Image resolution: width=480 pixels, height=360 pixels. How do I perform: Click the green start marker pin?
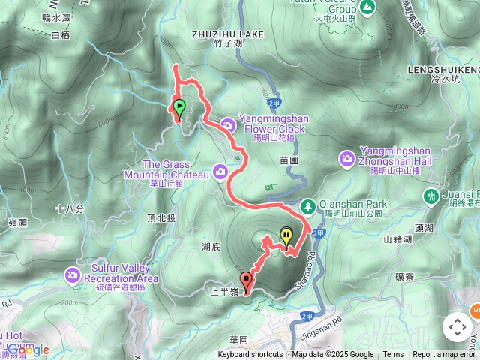point(179,108)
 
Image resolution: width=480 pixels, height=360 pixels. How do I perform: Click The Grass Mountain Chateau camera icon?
point(220,172)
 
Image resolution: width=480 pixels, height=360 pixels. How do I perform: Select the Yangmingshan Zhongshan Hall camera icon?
point(347,157)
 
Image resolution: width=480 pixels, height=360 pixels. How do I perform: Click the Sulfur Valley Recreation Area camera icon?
point(72,274)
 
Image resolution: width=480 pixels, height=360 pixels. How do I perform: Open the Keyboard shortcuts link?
point(250,355)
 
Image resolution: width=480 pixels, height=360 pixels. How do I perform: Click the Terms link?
point(393,355)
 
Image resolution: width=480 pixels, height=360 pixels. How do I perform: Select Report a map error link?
point(445,355)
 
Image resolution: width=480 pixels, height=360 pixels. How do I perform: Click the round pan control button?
point(457,327)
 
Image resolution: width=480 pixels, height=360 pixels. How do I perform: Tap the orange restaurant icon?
point(475,309)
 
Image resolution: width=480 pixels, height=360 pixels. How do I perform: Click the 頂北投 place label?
point(160,217)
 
